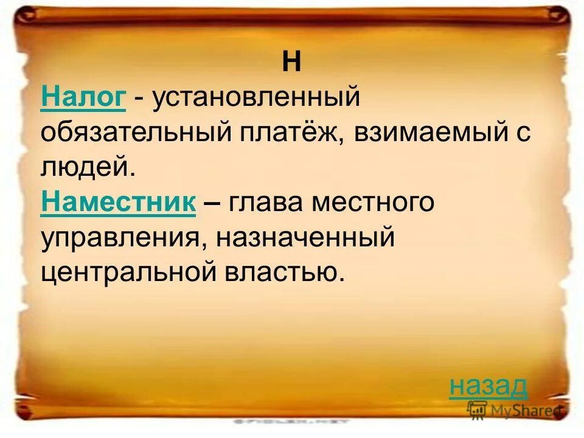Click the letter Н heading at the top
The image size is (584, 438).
coord(292,63)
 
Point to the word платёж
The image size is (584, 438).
coord(289,132)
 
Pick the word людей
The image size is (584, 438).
coord(85,166)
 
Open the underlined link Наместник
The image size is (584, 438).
coord(118,201)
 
